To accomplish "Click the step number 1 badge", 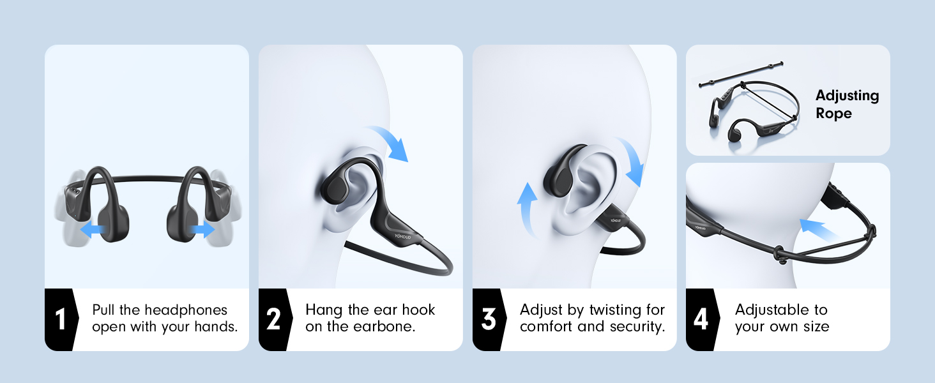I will tap(60, 319).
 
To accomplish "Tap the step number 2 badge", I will tap(273, 319).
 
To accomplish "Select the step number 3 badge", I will tap(488, 319).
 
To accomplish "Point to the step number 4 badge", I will tap(701, 319).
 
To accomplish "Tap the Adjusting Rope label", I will tap(847, 105).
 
